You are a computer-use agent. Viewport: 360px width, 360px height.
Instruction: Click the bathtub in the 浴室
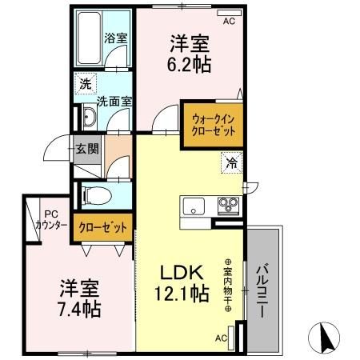coord(90,38)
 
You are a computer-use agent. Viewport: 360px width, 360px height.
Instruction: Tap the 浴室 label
coord(115,38)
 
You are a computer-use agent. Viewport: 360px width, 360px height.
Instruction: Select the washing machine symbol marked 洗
coord(86,83)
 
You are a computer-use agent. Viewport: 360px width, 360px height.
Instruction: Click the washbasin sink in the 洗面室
coord(90,117)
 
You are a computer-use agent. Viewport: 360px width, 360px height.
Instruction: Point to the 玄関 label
coord(87,149)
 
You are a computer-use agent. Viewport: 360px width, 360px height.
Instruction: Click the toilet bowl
coord(97,195)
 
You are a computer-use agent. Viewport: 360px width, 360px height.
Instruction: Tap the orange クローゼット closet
coord(102,227)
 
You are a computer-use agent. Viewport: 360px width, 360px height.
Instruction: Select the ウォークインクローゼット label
coord(214,125)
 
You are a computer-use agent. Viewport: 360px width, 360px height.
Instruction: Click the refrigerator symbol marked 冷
coord(231,162)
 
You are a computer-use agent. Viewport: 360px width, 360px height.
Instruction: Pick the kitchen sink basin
coord(194,206)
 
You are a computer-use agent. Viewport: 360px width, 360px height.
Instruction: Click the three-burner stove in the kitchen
coord(228,206)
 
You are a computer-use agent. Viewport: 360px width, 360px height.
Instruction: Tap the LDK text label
coord(182,272)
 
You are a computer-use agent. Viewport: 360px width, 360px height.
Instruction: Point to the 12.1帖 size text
coord(182,293)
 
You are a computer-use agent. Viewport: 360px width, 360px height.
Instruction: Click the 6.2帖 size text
coord(189,64)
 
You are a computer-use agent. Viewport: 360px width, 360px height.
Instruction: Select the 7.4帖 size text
coord(79,309)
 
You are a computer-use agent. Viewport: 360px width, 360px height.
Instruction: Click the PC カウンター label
coord(51,221)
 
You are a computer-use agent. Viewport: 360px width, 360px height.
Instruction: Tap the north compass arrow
coord(326,338)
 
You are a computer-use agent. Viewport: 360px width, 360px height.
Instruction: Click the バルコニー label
coord(262,290)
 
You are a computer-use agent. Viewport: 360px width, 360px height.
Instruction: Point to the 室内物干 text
coord(228,286)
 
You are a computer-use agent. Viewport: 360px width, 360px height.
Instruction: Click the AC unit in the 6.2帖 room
coord(229,13)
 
